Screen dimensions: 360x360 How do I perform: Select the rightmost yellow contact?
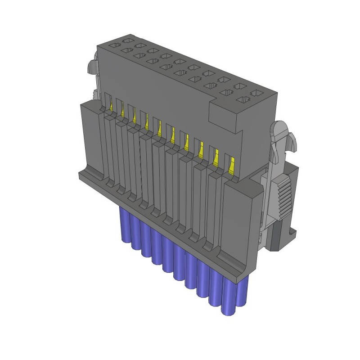(231, 165)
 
